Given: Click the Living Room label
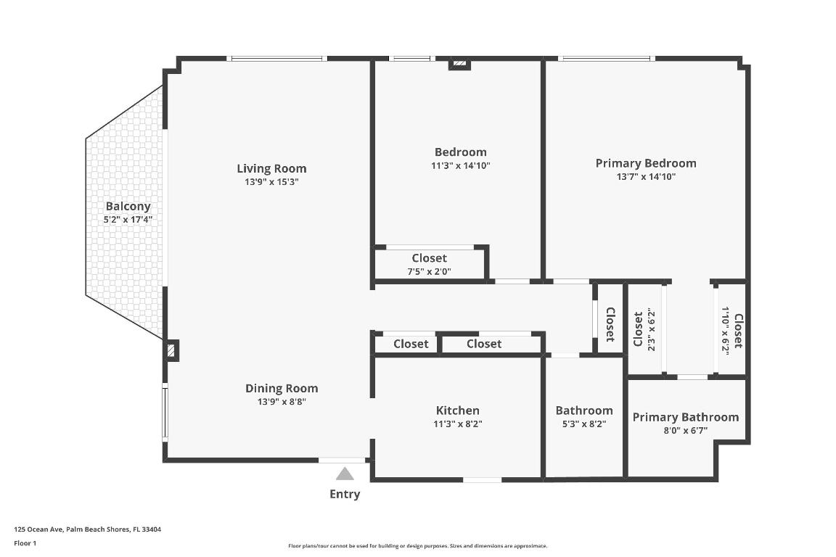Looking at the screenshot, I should [x=271, y=169].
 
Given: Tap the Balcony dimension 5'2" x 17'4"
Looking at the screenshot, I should [x=128, y=219].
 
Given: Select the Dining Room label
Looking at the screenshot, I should [x=282, y=388].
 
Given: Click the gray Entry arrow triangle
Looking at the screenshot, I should [x=345, y=474].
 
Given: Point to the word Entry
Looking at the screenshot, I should [x=345, y=495].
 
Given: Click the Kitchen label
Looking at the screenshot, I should [x=457, y=410].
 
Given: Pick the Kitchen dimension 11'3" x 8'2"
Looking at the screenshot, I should [x=457, y=424].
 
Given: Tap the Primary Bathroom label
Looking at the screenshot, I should [x=685, y=417].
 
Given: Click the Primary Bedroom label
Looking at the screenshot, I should [x=645, y=163].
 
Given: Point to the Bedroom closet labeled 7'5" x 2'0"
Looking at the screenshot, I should [x=429, y=264].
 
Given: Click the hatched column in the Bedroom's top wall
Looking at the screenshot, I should [x=459, y=64].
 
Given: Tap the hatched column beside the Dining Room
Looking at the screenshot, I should [x=171, y=351].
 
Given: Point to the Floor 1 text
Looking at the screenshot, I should [x=25, y=542].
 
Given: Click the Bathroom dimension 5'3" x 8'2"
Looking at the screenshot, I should [x=583, y=424].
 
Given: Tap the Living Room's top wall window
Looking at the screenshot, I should [x=276, y=58].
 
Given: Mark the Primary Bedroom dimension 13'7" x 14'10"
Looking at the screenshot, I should [x=645, y=176].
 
